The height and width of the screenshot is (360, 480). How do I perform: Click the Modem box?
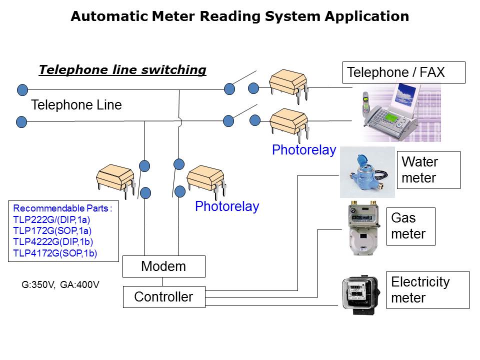164,266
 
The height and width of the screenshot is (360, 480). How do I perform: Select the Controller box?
164,297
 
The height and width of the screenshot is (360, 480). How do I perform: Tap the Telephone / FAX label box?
403,72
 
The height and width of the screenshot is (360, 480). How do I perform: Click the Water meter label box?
428,170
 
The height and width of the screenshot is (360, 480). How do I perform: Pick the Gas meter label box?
410,226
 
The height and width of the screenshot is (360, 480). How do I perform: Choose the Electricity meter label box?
428,290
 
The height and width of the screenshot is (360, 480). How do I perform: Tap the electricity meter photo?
358,295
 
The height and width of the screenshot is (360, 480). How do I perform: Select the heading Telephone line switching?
122,70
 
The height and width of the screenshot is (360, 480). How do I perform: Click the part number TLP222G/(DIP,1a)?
52,219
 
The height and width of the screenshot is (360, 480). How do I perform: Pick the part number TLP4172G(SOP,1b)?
55,253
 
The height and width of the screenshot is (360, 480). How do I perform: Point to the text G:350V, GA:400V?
60,284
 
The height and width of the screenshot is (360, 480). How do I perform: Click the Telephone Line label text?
76,105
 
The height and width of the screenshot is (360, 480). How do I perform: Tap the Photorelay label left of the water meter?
303,150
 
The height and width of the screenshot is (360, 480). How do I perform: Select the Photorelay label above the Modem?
226,206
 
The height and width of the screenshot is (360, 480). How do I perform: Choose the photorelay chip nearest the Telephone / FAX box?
288,81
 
